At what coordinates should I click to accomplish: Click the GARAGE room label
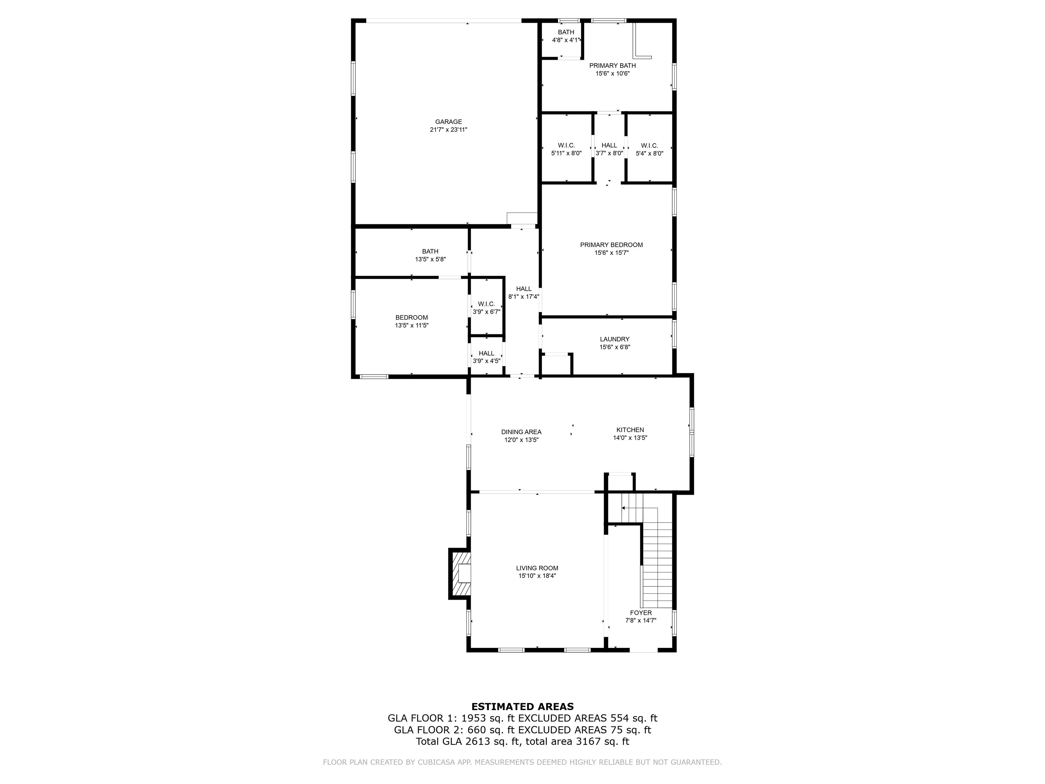pos(448,122)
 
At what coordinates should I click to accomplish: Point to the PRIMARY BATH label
pos(612,66)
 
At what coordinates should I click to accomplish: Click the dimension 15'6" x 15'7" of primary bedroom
pos(611,253)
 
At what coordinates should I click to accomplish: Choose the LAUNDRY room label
pos(615,339)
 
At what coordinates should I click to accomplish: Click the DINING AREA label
pos(521,432)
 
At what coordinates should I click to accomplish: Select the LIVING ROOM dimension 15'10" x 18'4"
pos(537,576)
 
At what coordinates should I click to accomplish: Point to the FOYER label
pos(641,613)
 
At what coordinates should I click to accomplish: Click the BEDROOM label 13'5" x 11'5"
pos(412,317)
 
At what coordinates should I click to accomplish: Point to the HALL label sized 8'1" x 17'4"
pos(524,289)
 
